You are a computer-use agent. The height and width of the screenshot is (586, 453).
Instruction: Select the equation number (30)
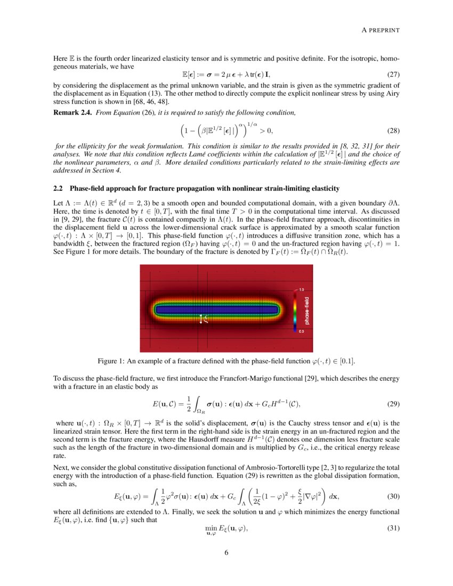click(x=393, y=496)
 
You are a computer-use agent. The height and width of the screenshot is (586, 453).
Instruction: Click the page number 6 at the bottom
click(x=226, y=552)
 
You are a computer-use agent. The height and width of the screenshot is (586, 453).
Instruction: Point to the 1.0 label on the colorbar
click(x=302, y=290)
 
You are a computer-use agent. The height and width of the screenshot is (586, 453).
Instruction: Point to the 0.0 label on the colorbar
click(x=302, y=331)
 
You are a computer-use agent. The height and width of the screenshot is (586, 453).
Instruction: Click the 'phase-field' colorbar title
click(x=307, y=311)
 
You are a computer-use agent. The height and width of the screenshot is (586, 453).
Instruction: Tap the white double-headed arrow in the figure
click(x=201, y=319)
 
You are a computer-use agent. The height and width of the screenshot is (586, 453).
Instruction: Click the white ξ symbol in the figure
click(x=206, y=318)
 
